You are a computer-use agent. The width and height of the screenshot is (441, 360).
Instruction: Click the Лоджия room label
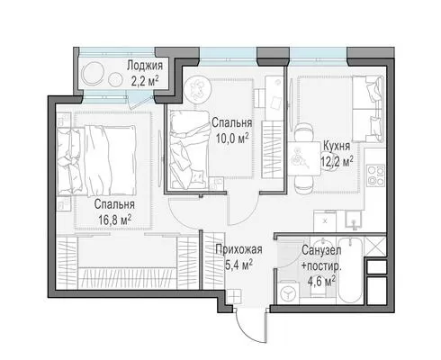(145, 66)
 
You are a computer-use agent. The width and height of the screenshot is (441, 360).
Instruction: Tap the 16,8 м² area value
(115, 220)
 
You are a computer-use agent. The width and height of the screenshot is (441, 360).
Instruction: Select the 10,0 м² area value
(232, 139)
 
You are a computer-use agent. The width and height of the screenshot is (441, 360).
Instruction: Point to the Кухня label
(337, 146)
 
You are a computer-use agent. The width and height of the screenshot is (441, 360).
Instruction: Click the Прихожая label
(238, 249)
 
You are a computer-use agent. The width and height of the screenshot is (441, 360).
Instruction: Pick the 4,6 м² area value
(321, 282)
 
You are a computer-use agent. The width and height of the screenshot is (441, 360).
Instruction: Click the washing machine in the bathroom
(289, 292)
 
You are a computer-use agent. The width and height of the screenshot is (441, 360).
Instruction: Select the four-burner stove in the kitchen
(376, 175)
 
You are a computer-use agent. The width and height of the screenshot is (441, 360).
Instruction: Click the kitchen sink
(354, 220)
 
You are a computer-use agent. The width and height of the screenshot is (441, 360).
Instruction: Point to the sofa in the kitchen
(368, 109)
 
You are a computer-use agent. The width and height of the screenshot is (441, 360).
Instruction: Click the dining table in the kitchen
(304, 158)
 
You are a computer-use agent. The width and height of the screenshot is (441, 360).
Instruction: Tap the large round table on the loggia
(94, 74)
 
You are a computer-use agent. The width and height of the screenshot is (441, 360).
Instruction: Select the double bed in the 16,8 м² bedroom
(96, 161)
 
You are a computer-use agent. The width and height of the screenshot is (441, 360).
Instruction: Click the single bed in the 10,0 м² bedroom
(189, 149)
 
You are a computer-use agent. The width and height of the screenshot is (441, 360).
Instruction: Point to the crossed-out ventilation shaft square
(375, 247)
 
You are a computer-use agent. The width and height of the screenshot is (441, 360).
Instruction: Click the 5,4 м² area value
(238, 265)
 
